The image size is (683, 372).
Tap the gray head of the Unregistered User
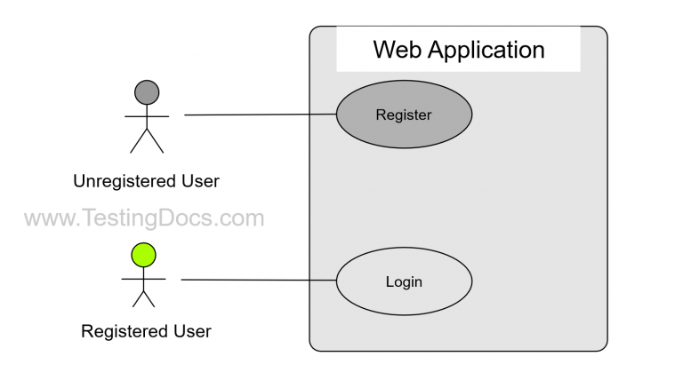[x=147, y=91]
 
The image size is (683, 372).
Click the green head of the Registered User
[x=143, y=256]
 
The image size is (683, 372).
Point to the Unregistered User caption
[x=146, y=181]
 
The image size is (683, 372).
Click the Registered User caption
[x=146, y=332]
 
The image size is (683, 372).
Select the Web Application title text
[x=458, y=49]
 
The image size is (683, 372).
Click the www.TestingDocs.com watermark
[x=143, y=218]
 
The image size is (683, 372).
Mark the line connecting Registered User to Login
[x=258, y=281]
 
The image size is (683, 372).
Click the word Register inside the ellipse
[x=404, y=115]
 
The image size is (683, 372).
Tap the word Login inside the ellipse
[x=404, y=282]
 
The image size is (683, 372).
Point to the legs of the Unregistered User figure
[x=147, y=141]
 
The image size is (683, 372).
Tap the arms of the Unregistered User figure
[x=147, y=115]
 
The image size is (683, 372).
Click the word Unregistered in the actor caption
[x=124, y=181]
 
